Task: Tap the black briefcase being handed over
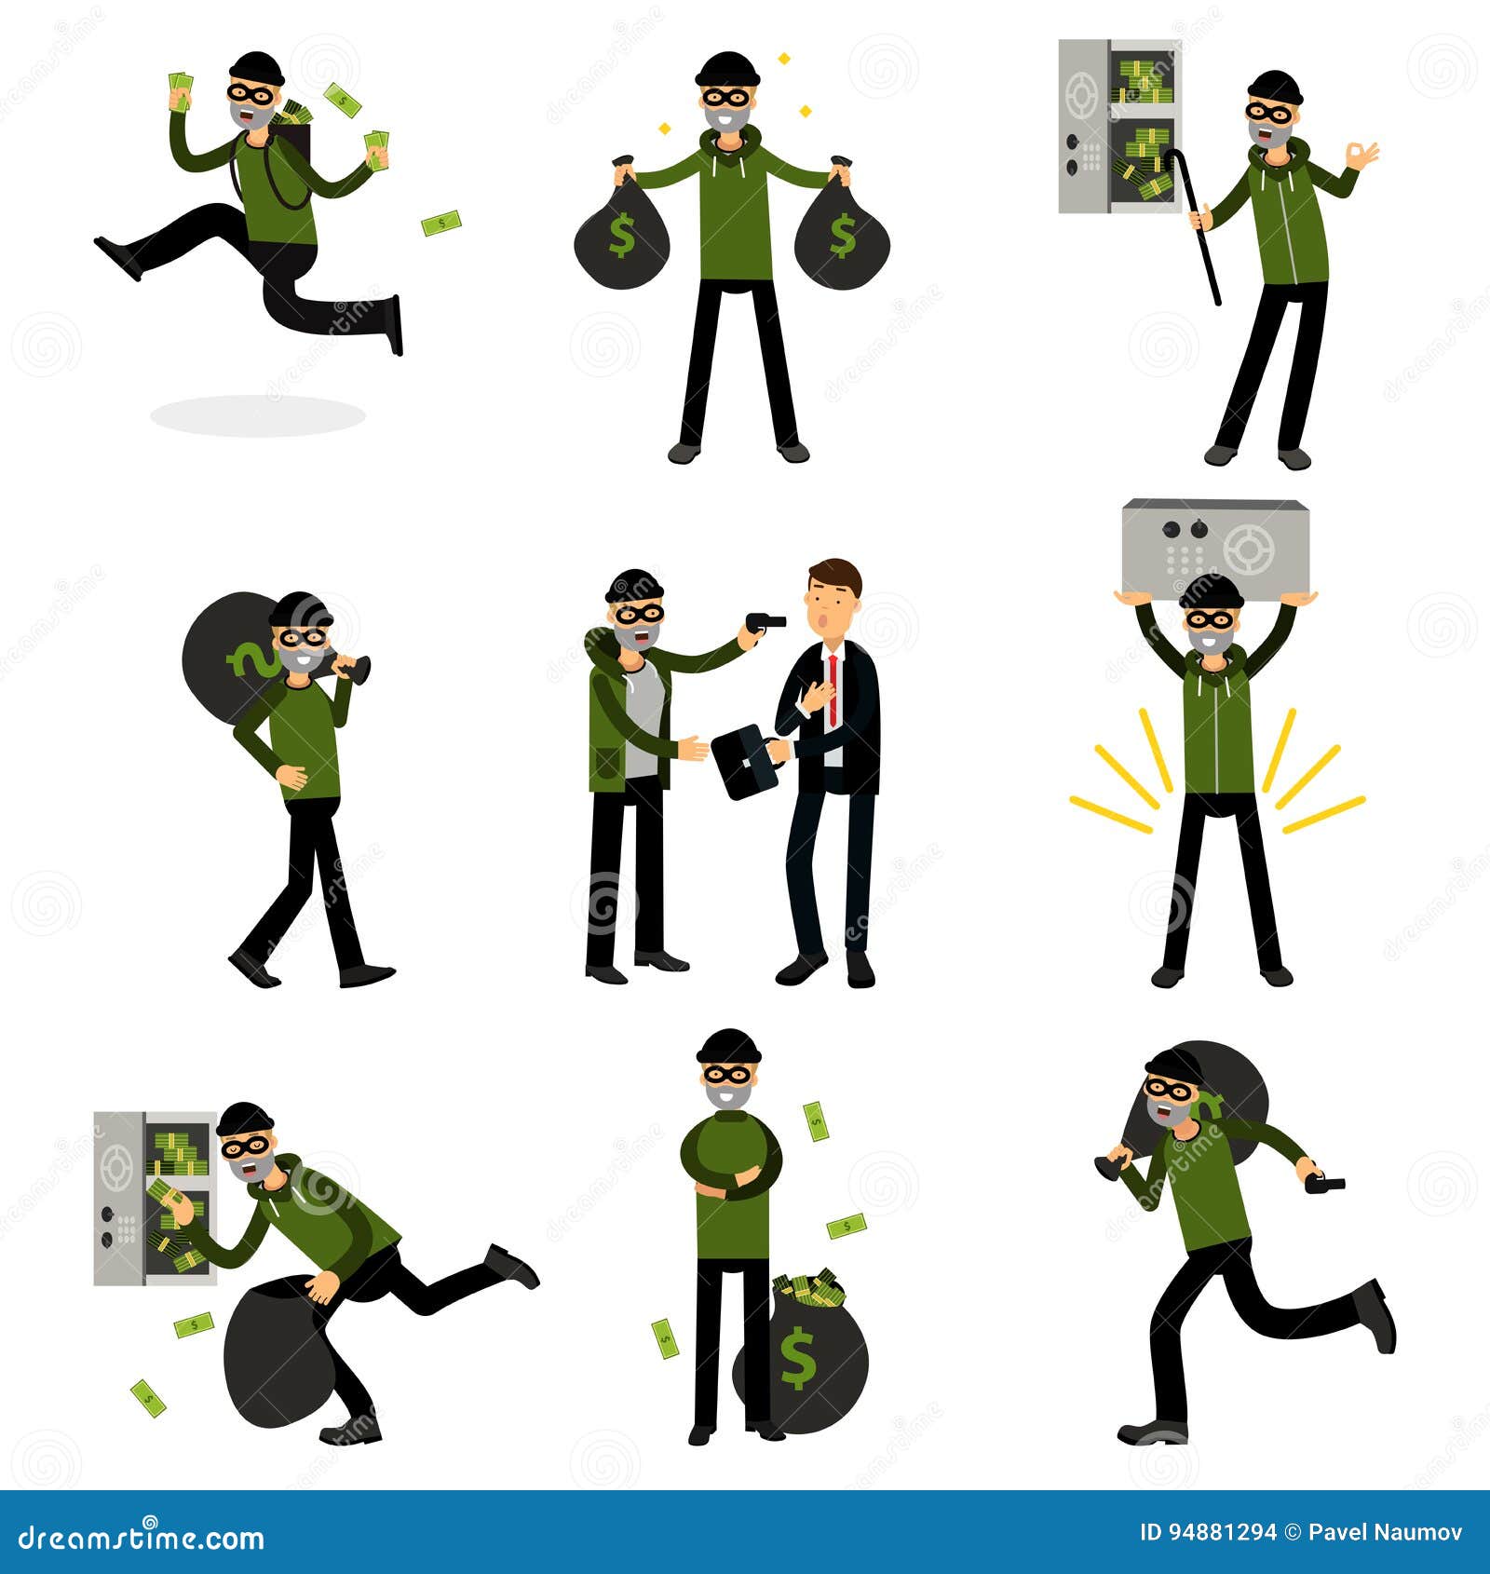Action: pyautogui.click(x=745, y=761)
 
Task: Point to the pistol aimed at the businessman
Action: pyautogui.click(x=764, y=621)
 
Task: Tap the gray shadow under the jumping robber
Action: pyautogui.click(x=257, y=415)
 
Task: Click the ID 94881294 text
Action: pyautogui.click(x=1208, y=1532)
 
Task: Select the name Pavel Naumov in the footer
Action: pyautogui.click(x=1386, y=1532)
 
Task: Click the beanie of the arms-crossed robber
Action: pyautogui.click(x=729, y=1047)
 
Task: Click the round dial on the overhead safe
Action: pyautogui.click(x=1248, y=550)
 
